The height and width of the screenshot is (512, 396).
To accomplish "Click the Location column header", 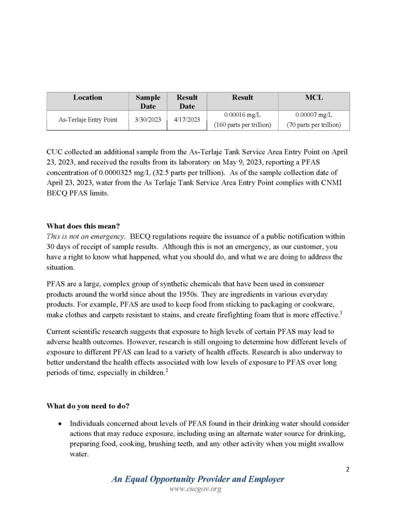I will click(x=88, y=97).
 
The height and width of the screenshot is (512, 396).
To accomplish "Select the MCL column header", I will click(x=314, y=97).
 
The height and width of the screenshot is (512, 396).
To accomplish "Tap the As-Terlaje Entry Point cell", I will click(x=88, y=119).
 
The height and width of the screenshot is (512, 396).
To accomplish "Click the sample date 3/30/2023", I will click(x=148, y=119).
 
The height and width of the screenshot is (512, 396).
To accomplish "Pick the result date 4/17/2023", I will click(x=187, y=119).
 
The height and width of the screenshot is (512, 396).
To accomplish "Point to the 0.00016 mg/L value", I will click(x=242, y=114).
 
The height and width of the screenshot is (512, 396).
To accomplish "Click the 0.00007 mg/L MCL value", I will click(x=314, y=114).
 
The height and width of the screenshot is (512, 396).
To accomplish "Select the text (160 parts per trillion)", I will click(x=242, y=124).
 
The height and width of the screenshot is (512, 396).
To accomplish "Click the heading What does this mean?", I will click(x=80, y=225).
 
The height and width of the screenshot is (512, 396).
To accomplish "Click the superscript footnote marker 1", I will click(x=340, y=312).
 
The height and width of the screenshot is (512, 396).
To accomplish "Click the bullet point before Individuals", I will click(x=60, y=423).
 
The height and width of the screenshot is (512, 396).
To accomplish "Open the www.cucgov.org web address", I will click(x=195, y=488).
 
